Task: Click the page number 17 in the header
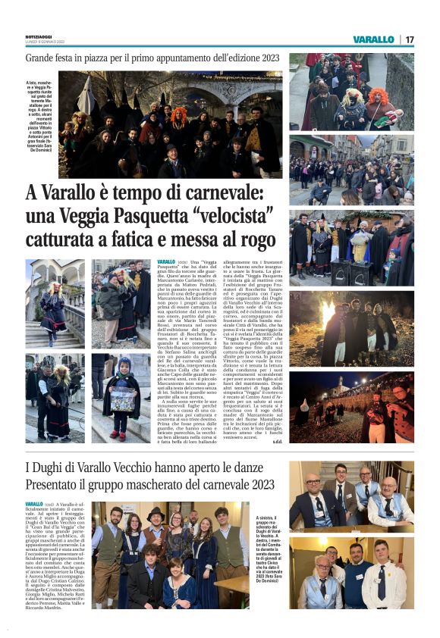click(x=410, y=39)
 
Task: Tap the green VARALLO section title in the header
click(x=373, y=39)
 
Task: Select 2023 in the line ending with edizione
click(x=267, y=58)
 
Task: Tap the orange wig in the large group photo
click(x=179, y=114)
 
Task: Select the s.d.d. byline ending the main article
click(x=277, y=440)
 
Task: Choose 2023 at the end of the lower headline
click(x=257, y=484)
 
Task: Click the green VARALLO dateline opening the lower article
click(x=33, y=505)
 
